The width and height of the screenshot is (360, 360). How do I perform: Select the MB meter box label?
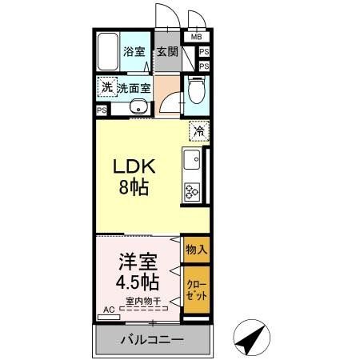pyautogui.click(x=197, y=37)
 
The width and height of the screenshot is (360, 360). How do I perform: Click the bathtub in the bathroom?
pyautogui.click(x=109, y=53)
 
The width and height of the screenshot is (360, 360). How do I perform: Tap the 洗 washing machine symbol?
pyautogui.click(x=106, y=87)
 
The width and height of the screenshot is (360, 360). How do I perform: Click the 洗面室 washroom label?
pyautogui.click(x=134, y=89)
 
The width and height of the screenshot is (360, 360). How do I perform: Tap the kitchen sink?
pyautogui.click(x=193, y=163)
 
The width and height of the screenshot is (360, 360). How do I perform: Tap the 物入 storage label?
pyautogui.click(x=196, y=249)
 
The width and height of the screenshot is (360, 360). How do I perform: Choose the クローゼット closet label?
pyautogui.click(x=196, y=290)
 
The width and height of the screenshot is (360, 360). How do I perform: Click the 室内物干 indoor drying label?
pyautogui.click(x=142, y=302)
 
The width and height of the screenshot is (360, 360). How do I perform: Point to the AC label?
pyautogui.click(x=108, y=308)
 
